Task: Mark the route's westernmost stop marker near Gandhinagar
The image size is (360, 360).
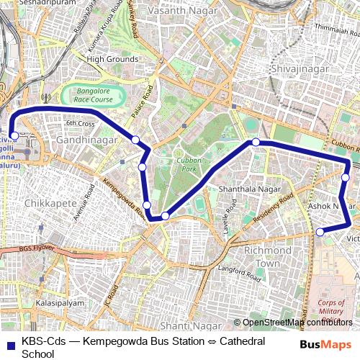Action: [14, 135]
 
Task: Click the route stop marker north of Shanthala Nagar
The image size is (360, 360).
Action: [256, 143]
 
